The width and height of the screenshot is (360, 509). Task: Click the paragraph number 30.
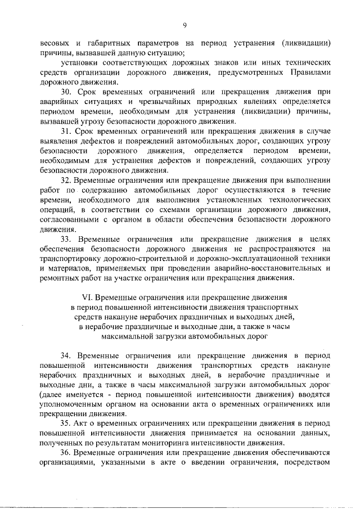(66, 91)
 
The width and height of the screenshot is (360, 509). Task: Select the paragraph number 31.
(66, 131)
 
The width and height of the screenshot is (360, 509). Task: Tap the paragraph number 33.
(66, 240)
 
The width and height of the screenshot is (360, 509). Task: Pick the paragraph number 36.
(66, 454)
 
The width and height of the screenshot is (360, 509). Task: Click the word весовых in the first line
(55, 42)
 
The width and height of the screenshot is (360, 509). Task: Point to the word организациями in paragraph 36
(67, 463)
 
